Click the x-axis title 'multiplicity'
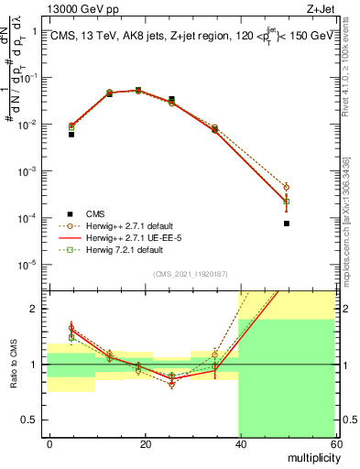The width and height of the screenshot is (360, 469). point(311,457)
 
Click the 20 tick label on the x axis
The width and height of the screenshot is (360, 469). point(145,443)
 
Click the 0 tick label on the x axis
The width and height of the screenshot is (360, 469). point(49,443)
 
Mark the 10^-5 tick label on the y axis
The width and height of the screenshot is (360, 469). point(32,266)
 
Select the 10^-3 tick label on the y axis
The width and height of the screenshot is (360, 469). point(32,171)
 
